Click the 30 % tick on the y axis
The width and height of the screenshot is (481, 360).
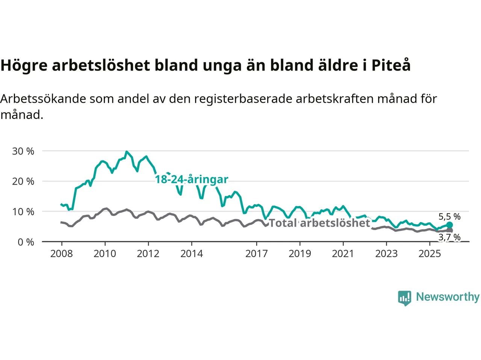pos(23,151)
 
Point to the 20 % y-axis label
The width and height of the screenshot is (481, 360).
pos(23,181)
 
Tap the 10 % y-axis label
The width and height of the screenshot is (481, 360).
pos(23,212)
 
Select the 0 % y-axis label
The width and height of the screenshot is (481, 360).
pos(26,242)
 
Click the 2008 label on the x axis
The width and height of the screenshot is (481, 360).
pos(61,254)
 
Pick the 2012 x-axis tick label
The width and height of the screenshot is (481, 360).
pos(148,254)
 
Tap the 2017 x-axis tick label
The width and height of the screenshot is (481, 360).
pos(256,254)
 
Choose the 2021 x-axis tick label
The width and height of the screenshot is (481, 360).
pos(343,254)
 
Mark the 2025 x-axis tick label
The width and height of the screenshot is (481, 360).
pos(430,254)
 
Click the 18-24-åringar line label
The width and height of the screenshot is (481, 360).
pos(192,180)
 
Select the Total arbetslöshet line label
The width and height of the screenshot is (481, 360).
pos(320,223)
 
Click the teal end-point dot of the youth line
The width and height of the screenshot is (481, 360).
pos(449,225)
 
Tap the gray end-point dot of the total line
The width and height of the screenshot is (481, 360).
pos(449,231)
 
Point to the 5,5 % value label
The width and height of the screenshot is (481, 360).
pos(449,217)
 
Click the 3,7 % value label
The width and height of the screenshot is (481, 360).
pos(449,237)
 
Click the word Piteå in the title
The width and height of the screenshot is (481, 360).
pos(391,65)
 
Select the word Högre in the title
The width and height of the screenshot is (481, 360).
pos(24,65)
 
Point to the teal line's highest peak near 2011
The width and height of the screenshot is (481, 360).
pos(127,151)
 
